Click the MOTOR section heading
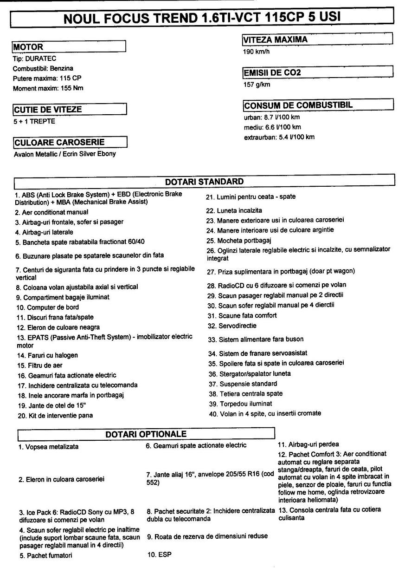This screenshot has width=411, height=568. pyautogui.click(x=28, y=47)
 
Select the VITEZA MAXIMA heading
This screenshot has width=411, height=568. pyautogui.click(x=276, y=40)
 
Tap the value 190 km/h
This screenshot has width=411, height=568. pyautogui.click(x=257, y=52)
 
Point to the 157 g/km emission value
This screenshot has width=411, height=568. pyautogui.click(x=257, y=85)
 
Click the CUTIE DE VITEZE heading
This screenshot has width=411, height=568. pyautogui.click(x=48, y=110)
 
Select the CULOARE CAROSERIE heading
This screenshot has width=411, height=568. pyautogui.click(x=59, y=142)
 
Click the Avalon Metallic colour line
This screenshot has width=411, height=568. pyautogui.click(x=64, y=154)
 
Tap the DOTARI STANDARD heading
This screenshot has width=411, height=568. pyautogui.click(x=204, y=181)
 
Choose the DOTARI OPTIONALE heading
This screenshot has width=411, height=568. pyautogui.click(x=146, y=434)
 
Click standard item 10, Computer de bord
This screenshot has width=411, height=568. pyautogui.click(x=46, y=307)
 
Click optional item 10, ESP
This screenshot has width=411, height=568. pyautogui.click(x=158, y=554)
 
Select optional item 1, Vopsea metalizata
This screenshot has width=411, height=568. pyautogui.click(x=49, y=447)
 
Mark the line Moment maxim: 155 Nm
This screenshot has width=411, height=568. pyautogui.click(x=48, y=88)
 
